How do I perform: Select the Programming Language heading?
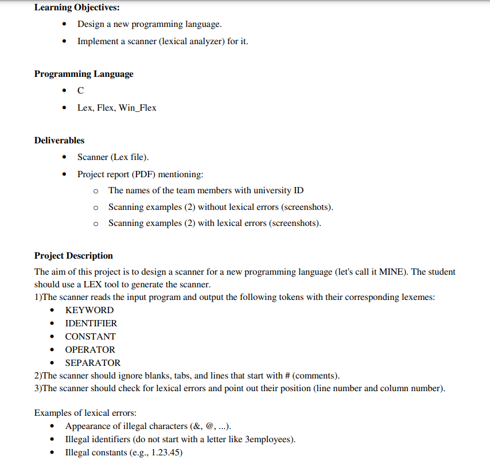coord(84,74)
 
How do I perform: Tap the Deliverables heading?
coord(59,141)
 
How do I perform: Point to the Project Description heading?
coord(73,256)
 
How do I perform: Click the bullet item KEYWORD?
coord(90,310)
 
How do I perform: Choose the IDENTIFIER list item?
coord(91,323)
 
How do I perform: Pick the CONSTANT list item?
coord(90,337)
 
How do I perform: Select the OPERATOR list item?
coord(90,350)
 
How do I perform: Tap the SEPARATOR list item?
coord(93,363)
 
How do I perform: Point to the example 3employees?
coord(269,440)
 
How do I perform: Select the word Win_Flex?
coord(137,108)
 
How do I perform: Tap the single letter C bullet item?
coord(80,91)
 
